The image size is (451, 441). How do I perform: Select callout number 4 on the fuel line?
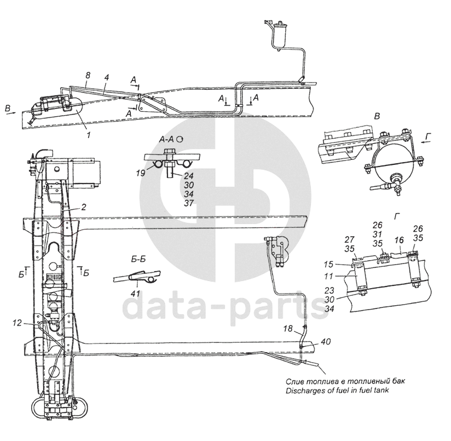click(107, 77)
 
